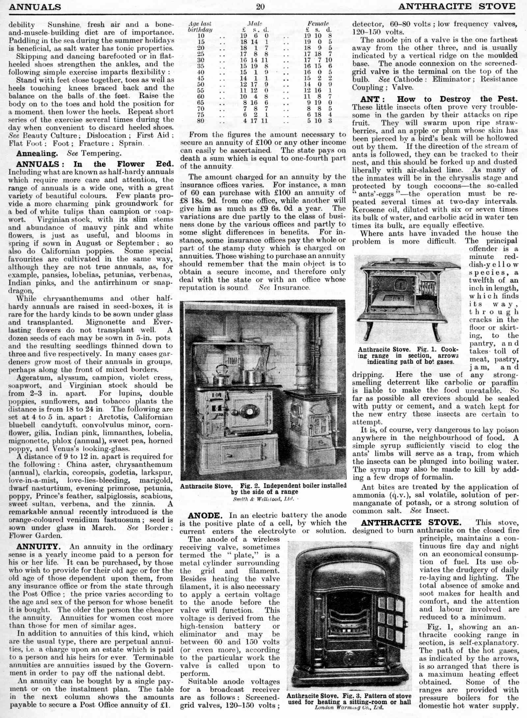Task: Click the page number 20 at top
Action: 260,7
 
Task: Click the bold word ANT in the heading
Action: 370,99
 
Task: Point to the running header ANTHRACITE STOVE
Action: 457,6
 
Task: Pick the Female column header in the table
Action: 318,24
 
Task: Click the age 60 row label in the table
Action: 201,97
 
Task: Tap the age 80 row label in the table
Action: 201,121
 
